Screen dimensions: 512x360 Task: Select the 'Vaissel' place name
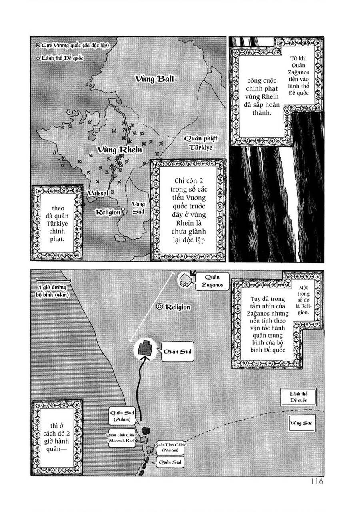(x=98, y=193)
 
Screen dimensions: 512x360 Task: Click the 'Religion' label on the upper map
(x=108, y=212)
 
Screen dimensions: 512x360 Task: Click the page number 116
(x=316, y=482)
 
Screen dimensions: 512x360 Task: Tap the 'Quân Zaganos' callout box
(x=208, y=281)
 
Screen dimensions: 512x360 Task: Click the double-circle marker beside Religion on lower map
(x=160, y=307)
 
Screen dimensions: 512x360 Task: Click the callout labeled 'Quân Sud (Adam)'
(x=120, y=415)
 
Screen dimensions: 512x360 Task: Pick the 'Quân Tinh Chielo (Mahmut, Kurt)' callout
(x=122, y=438)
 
